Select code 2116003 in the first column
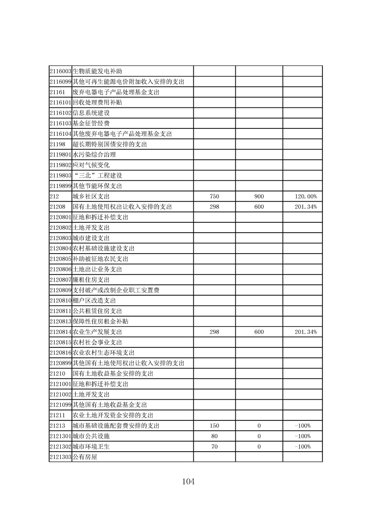coord(60,71)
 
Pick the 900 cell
coord(259,197)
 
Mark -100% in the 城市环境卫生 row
coord(303,447)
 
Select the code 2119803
coord(60,176)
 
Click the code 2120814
coord(60,332)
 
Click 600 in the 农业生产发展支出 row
coord(259,332)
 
